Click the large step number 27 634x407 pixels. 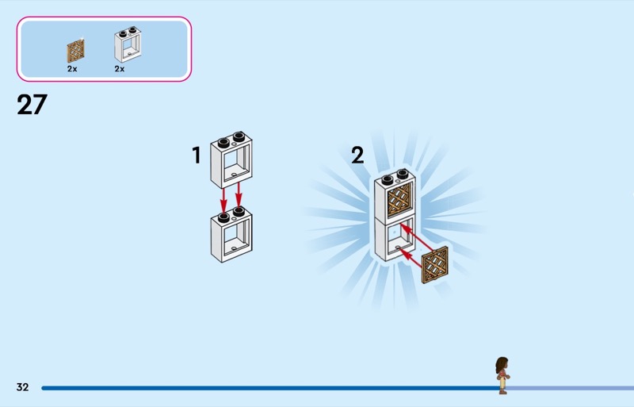tap(32, 105)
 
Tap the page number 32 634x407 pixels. tap(22, 387)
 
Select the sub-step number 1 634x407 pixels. tap(197, 156)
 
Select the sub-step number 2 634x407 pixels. tap(357, 155)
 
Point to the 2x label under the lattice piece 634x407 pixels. tap(72, 69)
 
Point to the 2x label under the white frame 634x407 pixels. tap(120, 69)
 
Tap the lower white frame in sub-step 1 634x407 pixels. tap(231, 236)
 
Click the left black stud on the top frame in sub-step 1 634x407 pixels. tap(223, 141)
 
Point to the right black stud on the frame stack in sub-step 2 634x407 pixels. tap(403, 175)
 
